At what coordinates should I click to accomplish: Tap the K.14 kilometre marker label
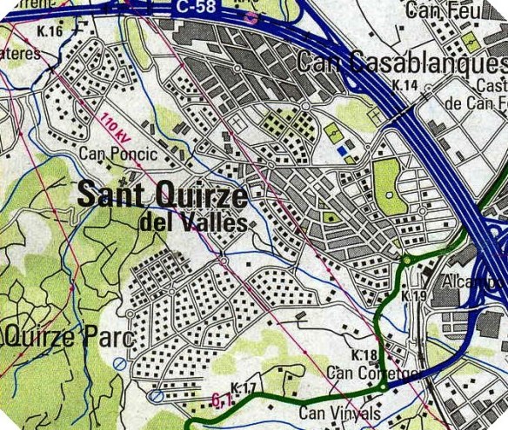405,85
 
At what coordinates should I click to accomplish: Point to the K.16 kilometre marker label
51,32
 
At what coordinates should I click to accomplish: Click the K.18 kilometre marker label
364,356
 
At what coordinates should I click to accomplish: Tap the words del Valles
192,221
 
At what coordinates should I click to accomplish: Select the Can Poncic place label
118,155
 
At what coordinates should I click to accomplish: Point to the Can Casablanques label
401,63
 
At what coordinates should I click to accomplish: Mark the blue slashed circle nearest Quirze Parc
118,363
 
